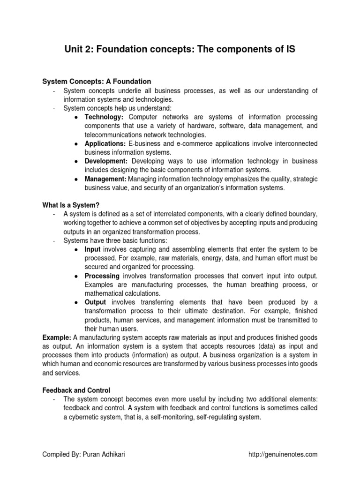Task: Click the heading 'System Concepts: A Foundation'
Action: tap(97, 82)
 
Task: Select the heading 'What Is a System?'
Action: tap(71, 205)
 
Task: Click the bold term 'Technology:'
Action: tap(104, 117)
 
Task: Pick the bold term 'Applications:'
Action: tap(105, 143)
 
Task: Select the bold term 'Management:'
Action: tap(105, 179)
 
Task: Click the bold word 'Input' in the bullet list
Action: tap(93, 249)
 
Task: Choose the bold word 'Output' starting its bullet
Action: tap(95, 302)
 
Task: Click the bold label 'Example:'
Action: tap(57, 337)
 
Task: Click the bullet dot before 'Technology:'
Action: tap(76, 117)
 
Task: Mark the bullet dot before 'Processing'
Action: tap(76, 277)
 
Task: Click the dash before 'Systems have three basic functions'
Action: tap(55, 241)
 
